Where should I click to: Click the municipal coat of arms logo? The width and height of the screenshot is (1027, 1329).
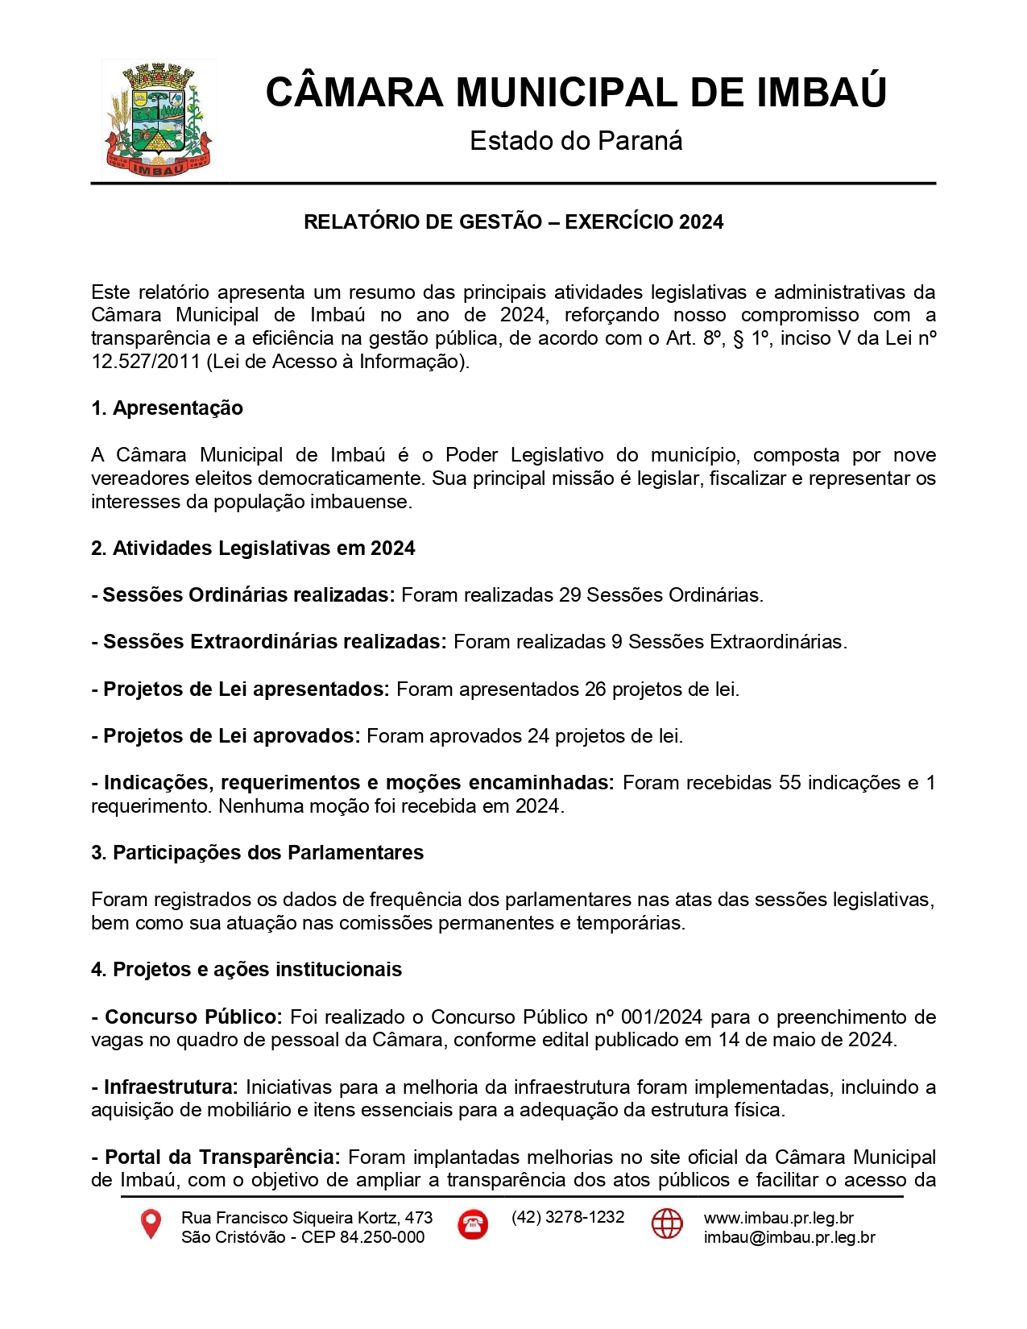[158, 119]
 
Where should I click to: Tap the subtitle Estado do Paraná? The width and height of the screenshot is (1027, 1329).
[576, 141]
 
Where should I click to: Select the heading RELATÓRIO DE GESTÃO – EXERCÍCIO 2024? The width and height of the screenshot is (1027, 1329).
[513, 222]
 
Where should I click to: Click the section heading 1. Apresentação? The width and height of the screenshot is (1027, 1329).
[167, 408]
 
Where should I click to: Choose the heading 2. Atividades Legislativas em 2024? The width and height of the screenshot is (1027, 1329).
[253, 549]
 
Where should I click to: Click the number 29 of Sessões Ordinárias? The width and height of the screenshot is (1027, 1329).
[569, 595]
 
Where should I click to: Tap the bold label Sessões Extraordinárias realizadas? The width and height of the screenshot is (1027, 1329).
[274, 642]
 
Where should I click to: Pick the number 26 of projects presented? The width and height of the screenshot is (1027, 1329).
[595, 689]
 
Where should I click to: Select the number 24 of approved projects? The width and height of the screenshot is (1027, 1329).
[538, 736]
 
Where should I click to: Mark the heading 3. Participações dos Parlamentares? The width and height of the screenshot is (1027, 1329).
[257, 853]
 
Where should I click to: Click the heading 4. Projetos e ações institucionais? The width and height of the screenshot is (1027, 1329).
[246, 970]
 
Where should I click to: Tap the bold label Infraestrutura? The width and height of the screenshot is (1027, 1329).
[171, 1087]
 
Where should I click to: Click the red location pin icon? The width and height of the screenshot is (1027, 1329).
[151, 1224]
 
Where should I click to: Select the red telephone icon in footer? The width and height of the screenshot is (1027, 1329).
[473, 1224]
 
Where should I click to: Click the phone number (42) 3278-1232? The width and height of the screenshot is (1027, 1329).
[568, 1217]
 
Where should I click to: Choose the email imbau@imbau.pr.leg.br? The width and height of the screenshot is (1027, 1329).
[789, 1238]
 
